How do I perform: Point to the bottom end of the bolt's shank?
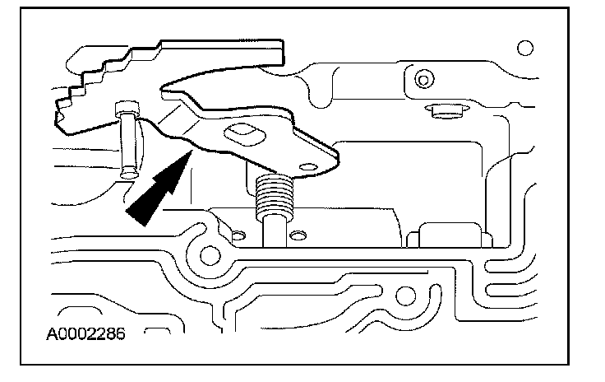(127, 172)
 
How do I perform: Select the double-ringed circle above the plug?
(423, 80)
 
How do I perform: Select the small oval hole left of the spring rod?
(238, 237)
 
